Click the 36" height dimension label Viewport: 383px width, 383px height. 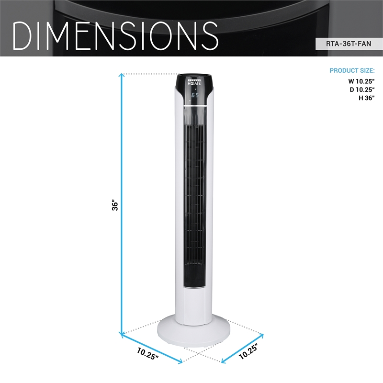tap(114, 206)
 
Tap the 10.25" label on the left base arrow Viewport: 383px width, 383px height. tap(147, 353)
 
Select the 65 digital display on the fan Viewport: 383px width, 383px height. tap(195, 95)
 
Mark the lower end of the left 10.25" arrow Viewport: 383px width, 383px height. tap(181, 362)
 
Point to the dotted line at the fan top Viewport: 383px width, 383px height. tap(148, 74)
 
